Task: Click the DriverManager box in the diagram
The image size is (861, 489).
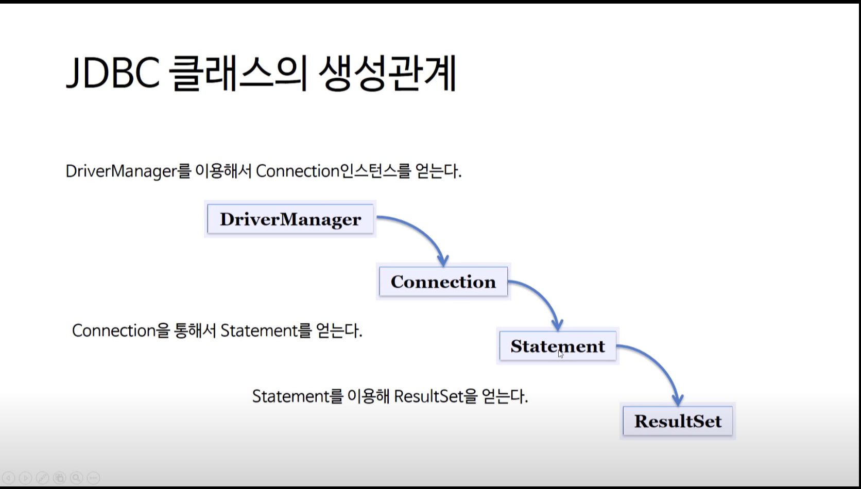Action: (x=290, y=219)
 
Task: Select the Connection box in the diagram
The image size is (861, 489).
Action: (x=443, y=282)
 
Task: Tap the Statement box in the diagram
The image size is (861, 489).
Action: (x=558, y=346)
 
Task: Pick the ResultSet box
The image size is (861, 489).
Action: (x=678, y=421)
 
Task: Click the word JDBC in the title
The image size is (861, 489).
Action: (x=113, y=73)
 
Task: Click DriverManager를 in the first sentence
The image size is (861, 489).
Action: (x=128, y=171)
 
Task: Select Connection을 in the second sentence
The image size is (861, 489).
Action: (x=121, y=330)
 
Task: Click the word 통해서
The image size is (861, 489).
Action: (x=195, y=330)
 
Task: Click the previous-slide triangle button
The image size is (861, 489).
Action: (x=9, y=478)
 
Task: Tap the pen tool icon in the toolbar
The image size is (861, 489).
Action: (x=43, y=478)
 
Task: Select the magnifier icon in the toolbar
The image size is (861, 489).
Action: (x=76, y=478)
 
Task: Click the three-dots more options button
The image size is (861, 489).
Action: (x=93, y=478)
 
